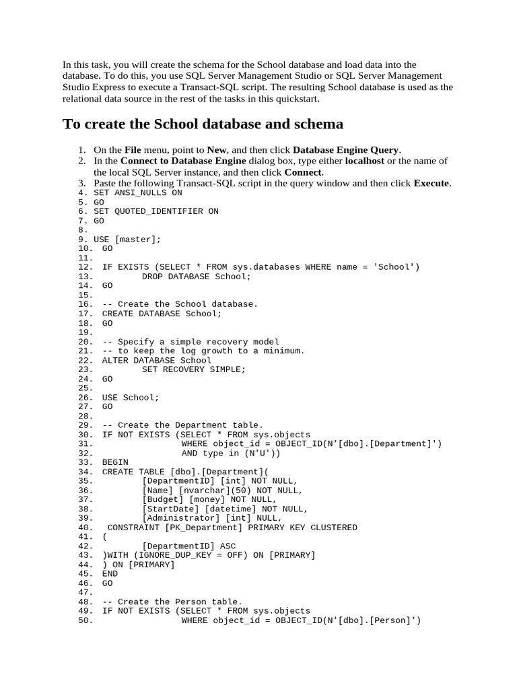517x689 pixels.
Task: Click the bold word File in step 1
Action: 133,150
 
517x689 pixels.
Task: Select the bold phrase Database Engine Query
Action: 346,150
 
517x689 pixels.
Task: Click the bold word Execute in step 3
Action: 431,183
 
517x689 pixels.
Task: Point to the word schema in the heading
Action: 318,124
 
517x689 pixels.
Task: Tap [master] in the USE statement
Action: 138,240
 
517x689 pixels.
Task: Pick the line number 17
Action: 85,314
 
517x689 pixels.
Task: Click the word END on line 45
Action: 110,575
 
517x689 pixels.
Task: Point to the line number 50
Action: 85,621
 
